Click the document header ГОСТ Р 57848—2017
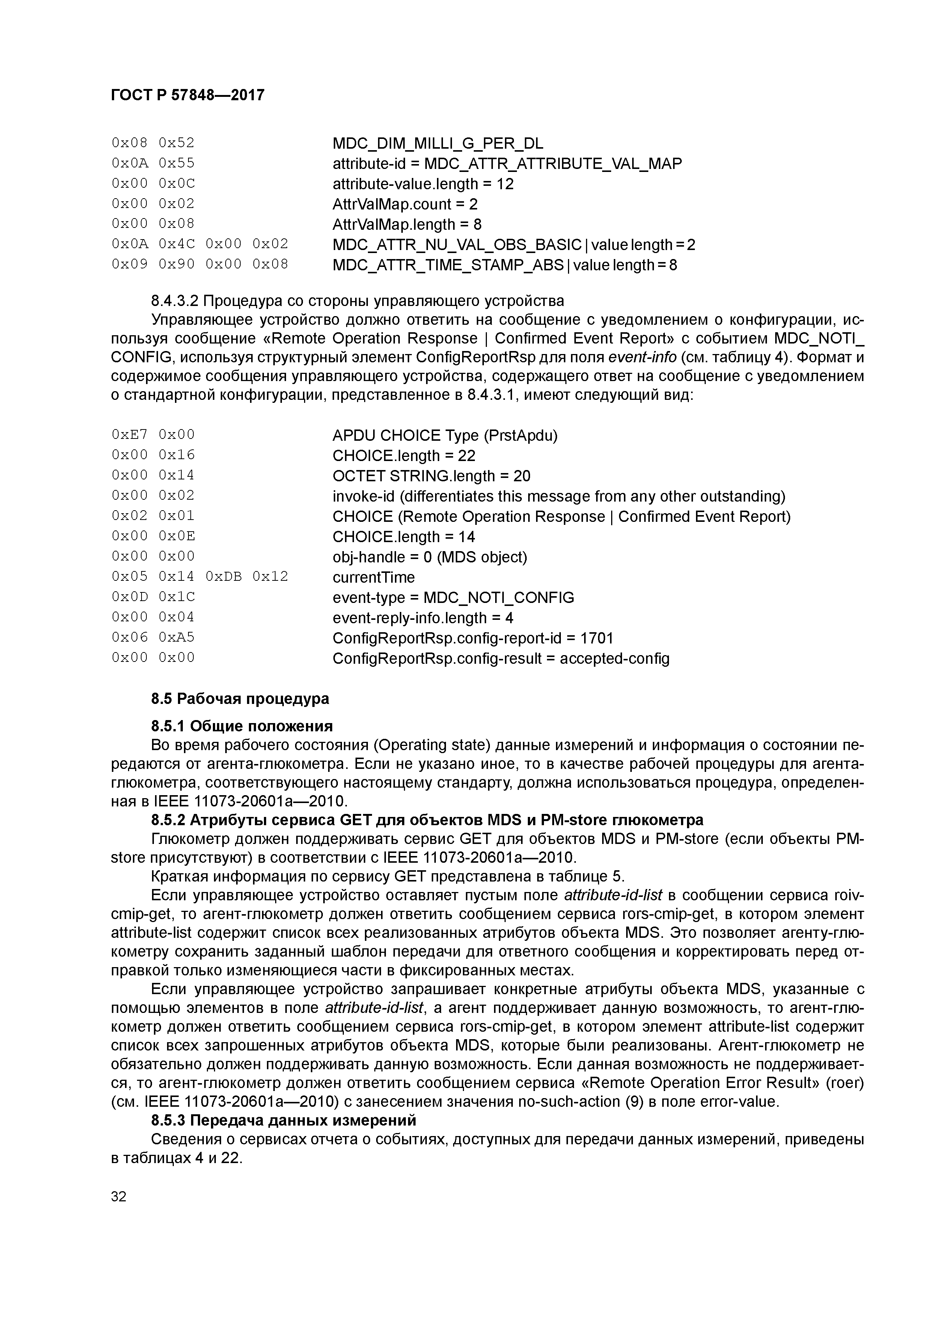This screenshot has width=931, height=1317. click(x=188, y=95)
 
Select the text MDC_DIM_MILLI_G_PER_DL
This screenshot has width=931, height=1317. click(x=438, y=143)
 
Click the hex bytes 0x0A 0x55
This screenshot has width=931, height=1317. click(x=153, y=163)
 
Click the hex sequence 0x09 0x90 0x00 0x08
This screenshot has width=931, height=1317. click(x=200, y=264)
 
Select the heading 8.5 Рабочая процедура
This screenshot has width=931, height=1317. click(x=240, y=699)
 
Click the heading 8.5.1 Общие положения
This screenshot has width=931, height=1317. click(x=241, y=726)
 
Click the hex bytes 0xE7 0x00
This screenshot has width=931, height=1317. click(x=153, y=435)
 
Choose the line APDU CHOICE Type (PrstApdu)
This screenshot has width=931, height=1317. click(x=444, y=436)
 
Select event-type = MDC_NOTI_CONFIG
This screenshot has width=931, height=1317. click(x=453, y=598)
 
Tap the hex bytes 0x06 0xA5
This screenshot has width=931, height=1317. click(x=153, y=637)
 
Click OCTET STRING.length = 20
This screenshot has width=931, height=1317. click(x=431, y=476)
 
